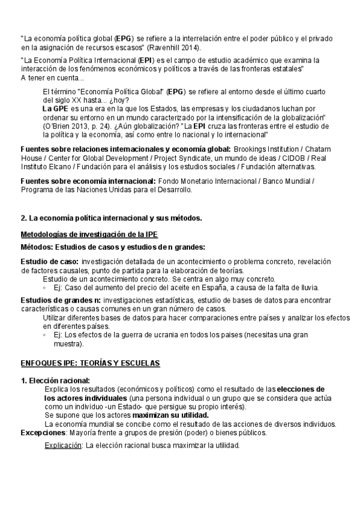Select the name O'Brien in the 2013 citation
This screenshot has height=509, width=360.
[x=58, y=127]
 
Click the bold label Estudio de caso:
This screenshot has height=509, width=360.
[x=49, y=262]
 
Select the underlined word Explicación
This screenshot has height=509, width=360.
[x=64, y=445]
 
